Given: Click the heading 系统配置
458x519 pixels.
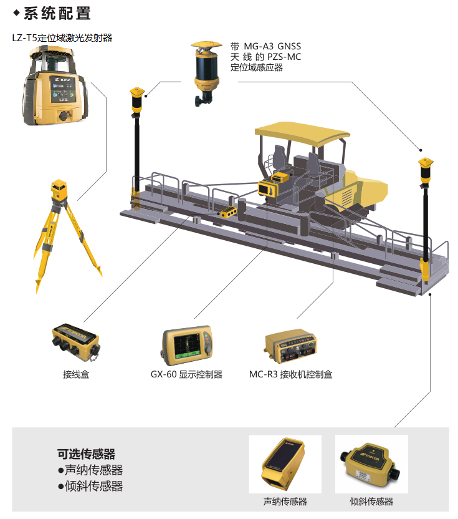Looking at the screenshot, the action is coord(57,14).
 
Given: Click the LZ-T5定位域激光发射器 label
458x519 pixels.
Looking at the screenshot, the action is coord(62,38).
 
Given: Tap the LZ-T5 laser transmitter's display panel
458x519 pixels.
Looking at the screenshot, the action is coord(62,89).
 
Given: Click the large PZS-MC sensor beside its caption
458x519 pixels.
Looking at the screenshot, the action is coord(206,73).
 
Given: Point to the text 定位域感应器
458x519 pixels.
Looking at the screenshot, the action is coord(257,67).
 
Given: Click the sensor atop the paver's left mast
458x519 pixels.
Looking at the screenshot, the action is coord(137,100).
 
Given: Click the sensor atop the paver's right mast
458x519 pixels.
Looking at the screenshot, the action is coord(426,170).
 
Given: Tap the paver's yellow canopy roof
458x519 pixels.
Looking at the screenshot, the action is coord(301,133).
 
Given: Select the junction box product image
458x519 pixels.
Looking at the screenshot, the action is coord(76,342).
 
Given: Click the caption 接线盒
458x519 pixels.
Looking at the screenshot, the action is coord(76,374).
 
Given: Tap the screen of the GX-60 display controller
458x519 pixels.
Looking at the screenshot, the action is coord(188,346).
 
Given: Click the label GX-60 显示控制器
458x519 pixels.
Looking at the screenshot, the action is coord(186,374).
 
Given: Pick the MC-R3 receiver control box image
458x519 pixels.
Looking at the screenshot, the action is coord(290,346).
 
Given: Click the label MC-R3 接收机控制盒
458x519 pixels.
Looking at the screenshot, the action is coord(290,374).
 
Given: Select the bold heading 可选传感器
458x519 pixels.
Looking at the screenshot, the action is coord(86,454).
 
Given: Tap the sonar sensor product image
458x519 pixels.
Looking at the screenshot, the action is coord(284,463).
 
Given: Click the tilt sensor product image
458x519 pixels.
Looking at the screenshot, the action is coord(370,464).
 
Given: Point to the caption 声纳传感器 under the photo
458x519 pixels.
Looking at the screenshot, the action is coord(285,502).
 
